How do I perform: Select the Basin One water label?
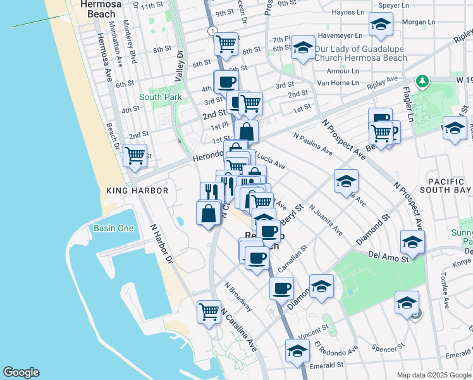click(x=113, y=228)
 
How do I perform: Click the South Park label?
click(x=161, y=97)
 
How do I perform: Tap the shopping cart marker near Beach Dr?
click(x=135, y=155)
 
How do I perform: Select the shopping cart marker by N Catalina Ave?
click(x=209, y=311)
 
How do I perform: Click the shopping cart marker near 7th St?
click(x=226, y=44)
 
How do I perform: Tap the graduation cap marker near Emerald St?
click(x=297, y=350)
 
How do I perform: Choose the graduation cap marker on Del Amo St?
click(x=412, y=242)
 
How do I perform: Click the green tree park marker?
click(x=422, y=81)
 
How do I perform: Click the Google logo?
click(x=21, y=372)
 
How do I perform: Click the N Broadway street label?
click(x=238, y=297)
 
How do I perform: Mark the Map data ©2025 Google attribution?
click(x=433, y=375)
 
